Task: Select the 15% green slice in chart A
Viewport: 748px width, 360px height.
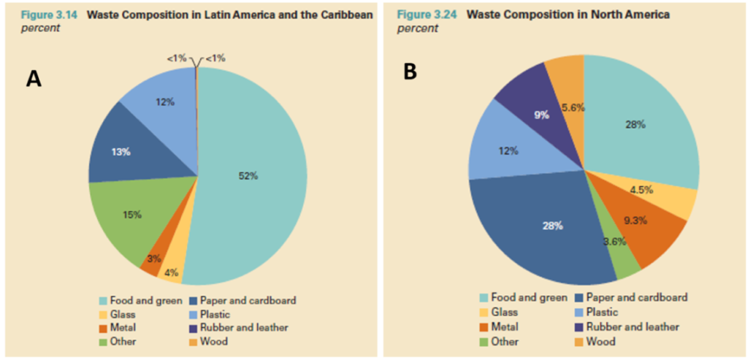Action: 131,215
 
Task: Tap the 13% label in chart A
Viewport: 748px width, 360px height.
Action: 121,152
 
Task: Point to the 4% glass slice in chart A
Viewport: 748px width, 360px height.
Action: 171,273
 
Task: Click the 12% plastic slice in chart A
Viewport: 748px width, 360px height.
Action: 164,103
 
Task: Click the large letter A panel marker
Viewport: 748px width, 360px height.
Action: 34,79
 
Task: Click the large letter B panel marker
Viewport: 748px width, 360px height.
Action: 410,71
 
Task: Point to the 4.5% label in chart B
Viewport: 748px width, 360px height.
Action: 641,190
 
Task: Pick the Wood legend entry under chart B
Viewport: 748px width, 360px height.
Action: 598,341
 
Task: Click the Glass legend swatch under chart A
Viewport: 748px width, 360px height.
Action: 102,315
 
